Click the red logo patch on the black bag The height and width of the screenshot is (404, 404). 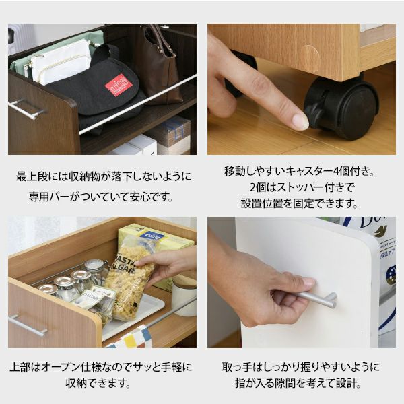coord(119,85)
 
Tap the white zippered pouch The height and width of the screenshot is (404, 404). coord(61,61)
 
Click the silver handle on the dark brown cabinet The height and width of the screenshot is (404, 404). coord(26,108)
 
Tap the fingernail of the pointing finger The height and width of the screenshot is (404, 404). coord(300,122)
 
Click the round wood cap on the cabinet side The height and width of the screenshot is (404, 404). coord(310,58)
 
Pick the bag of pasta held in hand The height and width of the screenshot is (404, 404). coord(130,278)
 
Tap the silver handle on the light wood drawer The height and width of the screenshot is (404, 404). coord(27,325)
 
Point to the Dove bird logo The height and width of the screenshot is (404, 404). coord(381,231)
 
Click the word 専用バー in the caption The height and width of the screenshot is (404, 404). coord(49,197)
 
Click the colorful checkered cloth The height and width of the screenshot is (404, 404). coord(131,337)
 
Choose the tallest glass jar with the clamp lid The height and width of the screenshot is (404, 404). coord(96,271)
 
